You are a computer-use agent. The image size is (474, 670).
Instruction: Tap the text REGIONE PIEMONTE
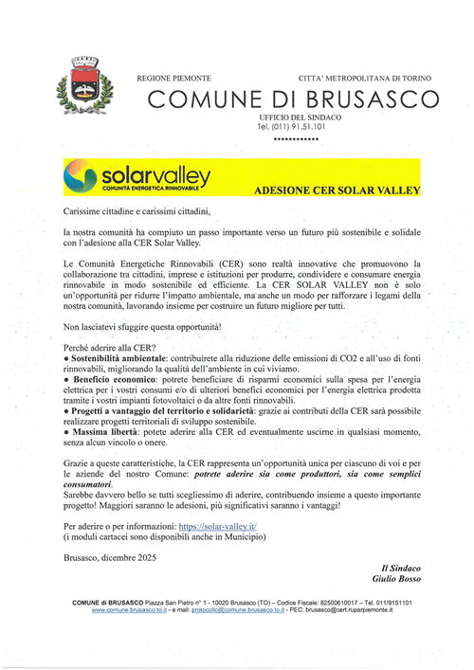pyautogui.click(x=173, y=76)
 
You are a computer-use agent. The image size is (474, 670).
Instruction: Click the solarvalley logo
pyautogui.click(x=137, y=177)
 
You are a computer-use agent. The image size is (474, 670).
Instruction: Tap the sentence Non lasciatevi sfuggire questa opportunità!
pyautogui.click(x=142, y=327)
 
